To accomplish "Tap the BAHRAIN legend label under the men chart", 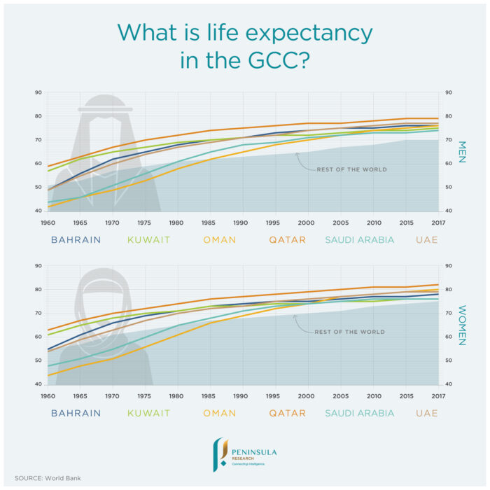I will coord(76,239).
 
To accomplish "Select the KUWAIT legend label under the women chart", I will coord(148,413).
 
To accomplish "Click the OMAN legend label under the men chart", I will coord(219,239).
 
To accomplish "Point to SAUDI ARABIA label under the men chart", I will coord(359,239).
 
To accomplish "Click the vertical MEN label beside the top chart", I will coord(461,152).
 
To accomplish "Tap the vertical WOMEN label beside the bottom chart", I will coord(461,325).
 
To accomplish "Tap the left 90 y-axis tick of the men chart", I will coord(38,92).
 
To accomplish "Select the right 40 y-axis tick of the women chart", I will coord(447,384).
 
